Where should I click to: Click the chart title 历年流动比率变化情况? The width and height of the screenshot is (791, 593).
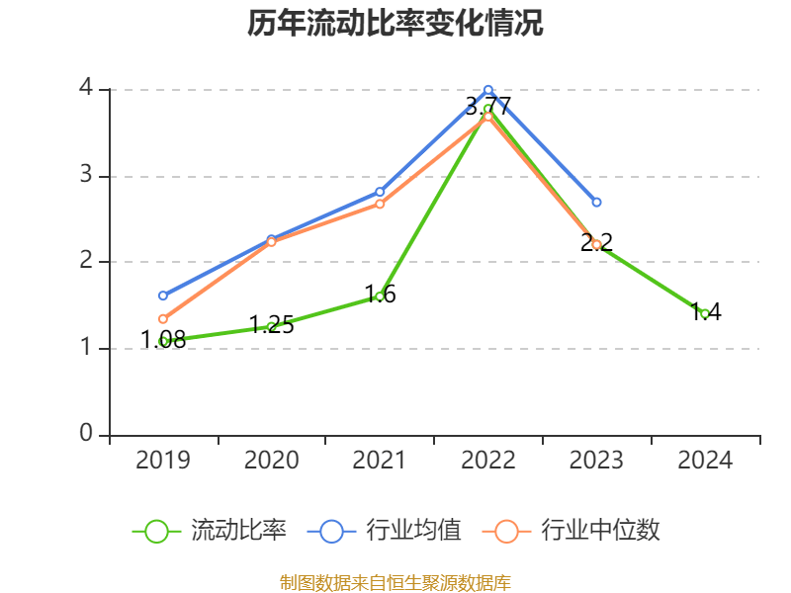(x=395, y=24)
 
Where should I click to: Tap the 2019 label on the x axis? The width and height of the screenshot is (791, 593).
(x=163, y=460)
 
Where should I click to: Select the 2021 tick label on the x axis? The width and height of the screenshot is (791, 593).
(x=380, y=460)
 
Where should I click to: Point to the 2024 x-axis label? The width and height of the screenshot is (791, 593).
(x=705, y=460)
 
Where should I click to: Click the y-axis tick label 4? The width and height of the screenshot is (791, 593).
(x=87, y=89)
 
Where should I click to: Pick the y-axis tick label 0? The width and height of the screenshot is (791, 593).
(x=87, y=435)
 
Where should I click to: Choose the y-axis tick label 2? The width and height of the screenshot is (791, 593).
(x=87, y=262)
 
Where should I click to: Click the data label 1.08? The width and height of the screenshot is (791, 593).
(x=163, y=340)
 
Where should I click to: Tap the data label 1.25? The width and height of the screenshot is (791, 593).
(x=271, y=325)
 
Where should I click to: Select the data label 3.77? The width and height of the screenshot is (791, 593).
(x=488, y=106)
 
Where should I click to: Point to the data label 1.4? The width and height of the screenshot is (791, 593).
(x=705, y=312)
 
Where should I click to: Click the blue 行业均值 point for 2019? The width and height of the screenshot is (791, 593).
(x=163, y=296)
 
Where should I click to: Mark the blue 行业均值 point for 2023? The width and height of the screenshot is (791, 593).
(x=596, y=202)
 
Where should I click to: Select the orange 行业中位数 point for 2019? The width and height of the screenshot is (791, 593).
(x=163, y=319)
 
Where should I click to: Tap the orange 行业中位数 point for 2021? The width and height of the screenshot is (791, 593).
(x=380, y=204)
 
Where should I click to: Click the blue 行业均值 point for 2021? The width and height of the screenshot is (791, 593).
(x=380, y=192)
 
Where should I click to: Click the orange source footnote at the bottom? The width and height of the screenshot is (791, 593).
(x=395, y=583)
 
